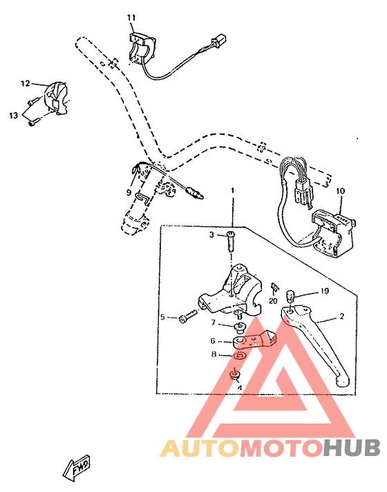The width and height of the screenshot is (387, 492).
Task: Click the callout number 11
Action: (131, 17)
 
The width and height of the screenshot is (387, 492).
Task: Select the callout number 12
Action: (25, 84)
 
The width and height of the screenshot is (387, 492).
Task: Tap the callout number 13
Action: (13, 116)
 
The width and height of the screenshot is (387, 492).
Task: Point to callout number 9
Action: (129, 192)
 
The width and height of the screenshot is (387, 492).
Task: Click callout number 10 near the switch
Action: (339, 190)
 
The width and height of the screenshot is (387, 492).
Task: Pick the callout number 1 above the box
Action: (233, 190)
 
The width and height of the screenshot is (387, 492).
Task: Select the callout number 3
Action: (212, 235)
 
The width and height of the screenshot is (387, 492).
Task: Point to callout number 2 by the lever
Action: (341, 317)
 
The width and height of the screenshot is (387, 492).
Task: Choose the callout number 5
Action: (163, 318)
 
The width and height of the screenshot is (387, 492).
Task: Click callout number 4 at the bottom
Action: (239, 389)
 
